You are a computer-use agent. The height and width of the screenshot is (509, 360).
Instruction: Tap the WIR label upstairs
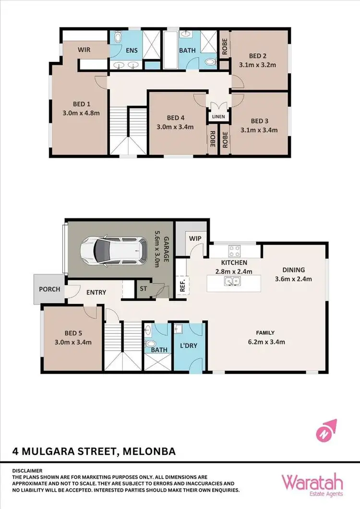point(84,49)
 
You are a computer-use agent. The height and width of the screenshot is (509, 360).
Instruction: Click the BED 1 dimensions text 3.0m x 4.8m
point(82,114)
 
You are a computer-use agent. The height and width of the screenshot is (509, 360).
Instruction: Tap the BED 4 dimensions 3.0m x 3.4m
point(176,127)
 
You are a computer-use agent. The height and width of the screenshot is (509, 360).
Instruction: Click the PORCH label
point(49,289)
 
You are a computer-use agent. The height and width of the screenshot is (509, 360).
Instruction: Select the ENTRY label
point(96,292)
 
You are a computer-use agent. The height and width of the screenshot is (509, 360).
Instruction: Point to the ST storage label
point(143,289)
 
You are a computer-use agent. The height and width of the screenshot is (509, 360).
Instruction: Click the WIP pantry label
point(194,238)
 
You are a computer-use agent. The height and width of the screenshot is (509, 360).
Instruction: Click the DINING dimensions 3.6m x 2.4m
point(294,279)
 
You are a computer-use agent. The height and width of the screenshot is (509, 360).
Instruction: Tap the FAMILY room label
point(265,332)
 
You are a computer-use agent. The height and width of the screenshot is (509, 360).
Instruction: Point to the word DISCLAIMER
point(28,471)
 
